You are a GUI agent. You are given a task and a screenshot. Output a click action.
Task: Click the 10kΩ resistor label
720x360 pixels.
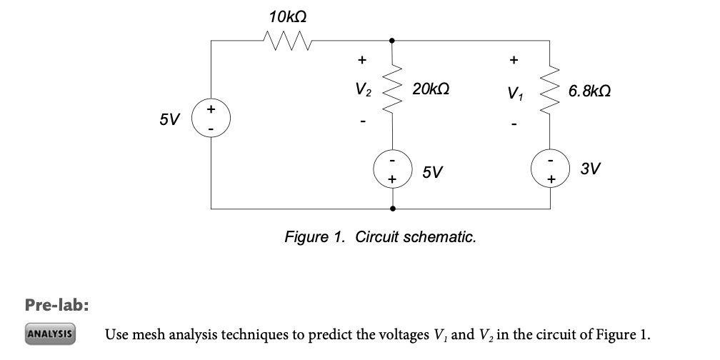[289, 15]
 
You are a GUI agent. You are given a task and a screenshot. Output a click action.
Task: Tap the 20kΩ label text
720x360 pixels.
[431, 90]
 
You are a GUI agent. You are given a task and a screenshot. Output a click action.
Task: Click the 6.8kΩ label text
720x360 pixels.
[590, 92]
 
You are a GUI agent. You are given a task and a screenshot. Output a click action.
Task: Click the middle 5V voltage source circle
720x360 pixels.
[392, 169]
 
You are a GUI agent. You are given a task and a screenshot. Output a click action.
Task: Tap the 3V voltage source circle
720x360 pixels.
[549, 169]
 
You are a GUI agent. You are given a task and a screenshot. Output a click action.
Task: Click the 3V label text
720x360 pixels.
[590, 169]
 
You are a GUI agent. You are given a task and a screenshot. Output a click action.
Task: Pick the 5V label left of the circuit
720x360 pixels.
[170, 119]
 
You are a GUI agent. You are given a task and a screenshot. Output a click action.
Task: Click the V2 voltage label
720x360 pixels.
[363, 90]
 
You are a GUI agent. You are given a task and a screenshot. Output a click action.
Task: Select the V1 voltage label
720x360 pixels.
[513, 92]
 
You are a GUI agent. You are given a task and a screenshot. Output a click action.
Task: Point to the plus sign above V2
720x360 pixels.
[362, 59]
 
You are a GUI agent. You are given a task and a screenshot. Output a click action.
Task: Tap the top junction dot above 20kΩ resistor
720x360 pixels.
[392, 41]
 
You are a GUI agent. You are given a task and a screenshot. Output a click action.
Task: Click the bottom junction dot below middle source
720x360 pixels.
[392, 209]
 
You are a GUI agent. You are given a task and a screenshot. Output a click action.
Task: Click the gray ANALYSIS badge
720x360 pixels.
[50, 334]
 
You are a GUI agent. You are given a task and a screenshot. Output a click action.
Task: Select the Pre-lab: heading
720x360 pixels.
[57, 305]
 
